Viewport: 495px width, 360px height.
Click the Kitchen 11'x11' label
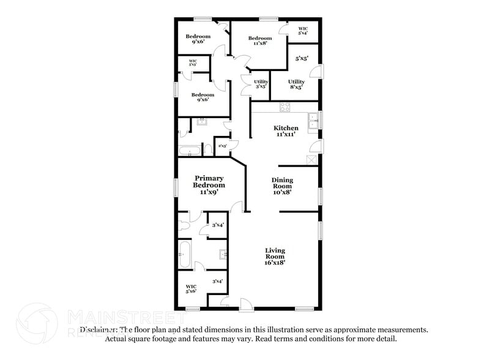point(286,131)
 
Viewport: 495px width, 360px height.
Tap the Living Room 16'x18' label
point(275,256)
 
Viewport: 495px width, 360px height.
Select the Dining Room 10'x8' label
point(282,186)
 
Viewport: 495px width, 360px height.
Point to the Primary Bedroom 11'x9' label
point(209,185)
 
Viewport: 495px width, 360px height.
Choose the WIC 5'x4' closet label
point(303,31)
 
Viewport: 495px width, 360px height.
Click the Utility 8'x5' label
point(296,84)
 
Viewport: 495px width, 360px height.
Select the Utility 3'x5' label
point(260,84)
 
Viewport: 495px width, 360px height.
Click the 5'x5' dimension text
point(302,59)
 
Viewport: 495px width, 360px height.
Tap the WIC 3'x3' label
point(192,62)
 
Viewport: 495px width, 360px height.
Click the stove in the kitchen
point(285,107)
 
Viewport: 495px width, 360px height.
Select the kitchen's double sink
point(313,122)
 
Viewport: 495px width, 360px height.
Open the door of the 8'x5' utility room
point(316,71)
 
